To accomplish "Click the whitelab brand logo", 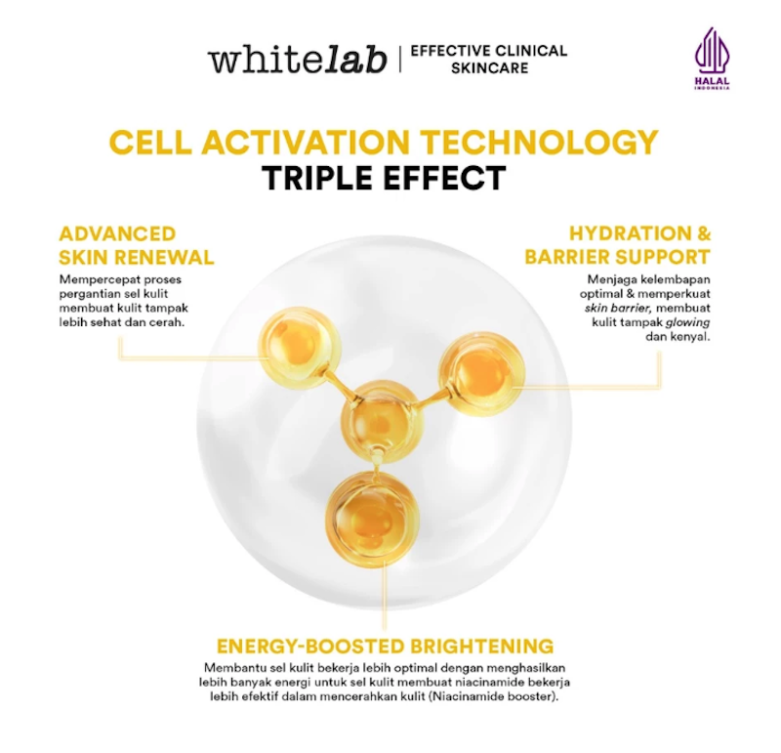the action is click(298, 60).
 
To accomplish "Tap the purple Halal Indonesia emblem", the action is click(713, 59).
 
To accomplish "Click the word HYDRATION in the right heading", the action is click(629, 233).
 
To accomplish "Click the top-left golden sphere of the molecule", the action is click(300, 347).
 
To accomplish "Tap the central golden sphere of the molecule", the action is click(383, 420).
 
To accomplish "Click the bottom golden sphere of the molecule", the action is click(373, 519).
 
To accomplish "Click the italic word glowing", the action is click(688, 323).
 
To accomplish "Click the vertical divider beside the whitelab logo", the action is click(399, 60).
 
